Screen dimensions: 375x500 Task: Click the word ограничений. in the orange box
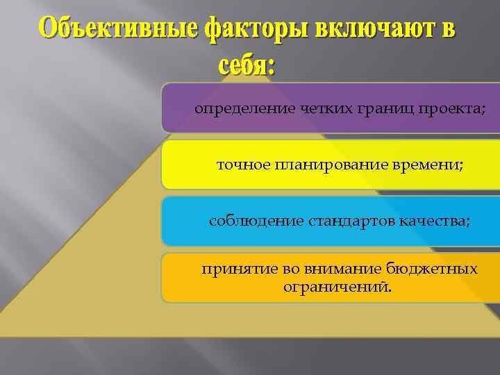(x=337, y=287)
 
